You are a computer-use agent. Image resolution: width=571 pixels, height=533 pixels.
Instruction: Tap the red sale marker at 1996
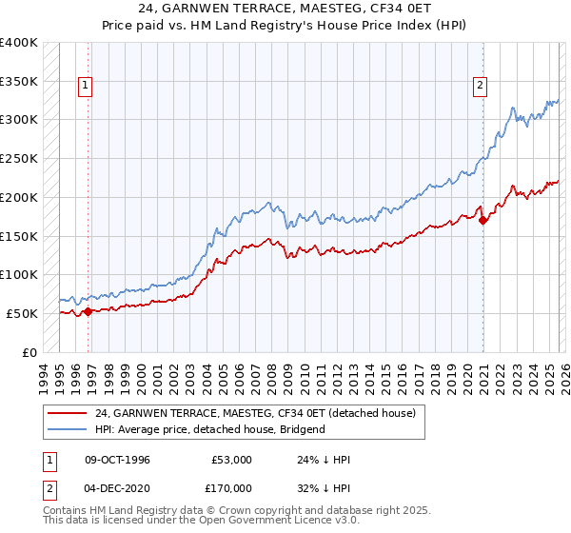point(89,310)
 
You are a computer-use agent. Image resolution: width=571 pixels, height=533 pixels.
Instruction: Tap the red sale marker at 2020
point(482,220)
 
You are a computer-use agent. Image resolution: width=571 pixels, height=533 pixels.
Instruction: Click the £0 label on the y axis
point(29,352)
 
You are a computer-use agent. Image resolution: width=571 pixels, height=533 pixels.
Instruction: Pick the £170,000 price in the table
point(232,488)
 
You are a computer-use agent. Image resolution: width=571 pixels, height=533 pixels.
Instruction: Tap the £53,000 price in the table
point(232,460)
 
